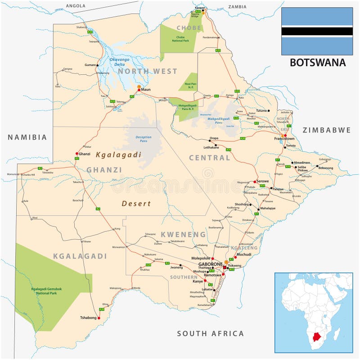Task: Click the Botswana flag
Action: point(317,31)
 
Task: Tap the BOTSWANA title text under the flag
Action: point(317,63)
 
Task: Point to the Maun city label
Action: point(146,90)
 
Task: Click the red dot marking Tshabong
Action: point(99,318)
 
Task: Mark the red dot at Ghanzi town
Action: point(76,154)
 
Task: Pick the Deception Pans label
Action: point(144,139)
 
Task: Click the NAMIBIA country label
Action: point(27,137)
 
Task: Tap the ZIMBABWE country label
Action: point(326,130)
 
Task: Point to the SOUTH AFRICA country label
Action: point(210,333)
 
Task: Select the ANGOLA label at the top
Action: point(75,6)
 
